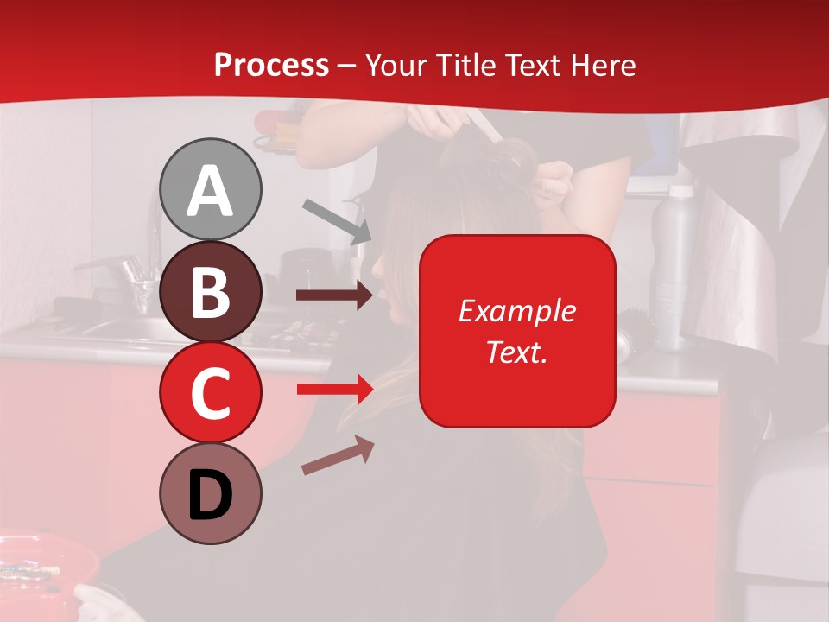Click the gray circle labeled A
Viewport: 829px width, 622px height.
(211, 189)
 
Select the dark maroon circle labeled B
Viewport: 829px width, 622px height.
(211, 291)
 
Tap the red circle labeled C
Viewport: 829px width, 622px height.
(211, 392)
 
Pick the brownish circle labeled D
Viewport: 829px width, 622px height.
(211, 493)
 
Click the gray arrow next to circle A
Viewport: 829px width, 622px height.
(337, 221)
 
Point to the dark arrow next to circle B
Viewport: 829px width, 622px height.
(334, 295)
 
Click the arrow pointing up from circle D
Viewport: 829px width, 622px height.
(338, 455)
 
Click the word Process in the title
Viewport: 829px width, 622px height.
(271, 65)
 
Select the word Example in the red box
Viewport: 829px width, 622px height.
(516, 311)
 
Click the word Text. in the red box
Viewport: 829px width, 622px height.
(516, 352)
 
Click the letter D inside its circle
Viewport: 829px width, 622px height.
(211, 495)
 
